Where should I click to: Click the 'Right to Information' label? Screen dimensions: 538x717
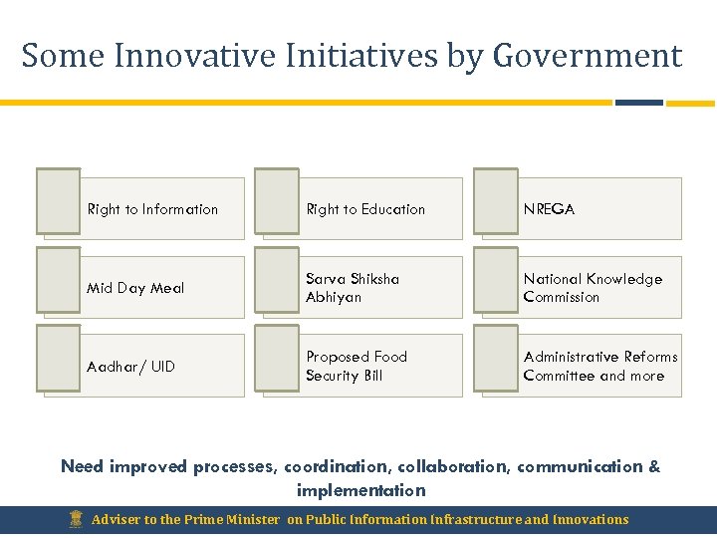coord(152,209)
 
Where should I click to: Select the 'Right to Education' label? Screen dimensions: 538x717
coord(365,209)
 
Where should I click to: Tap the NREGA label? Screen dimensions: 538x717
coord(549,209)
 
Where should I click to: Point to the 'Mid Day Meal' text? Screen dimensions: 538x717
coord(135,288)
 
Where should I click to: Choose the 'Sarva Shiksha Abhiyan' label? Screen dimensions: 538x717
coord(353,288)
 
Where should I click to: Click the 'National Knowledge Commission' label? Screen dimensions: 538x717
coord(593,288)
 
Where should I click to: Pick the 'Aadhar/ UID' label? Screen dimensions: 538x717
coord(130,367)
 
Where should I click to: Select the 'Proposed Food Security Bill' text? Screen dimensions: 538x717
coord(357,366)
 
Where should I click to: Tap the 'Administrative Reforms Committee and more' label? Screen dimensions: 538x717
coord(600,366)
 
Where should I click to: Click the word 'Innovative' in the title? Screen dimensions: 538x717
coord(188,56)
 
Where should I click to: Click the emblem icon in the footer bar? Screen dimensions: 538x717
coord(76,519)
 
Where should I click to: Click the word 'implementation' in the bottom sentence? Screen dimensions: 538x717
coord(360,490)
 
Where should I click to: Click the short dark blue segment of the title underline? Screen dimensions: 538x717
coord(638,103)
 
